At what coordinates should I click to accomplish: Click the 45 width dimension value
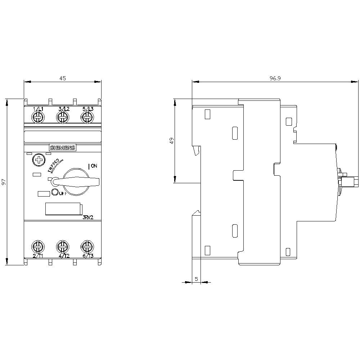pos(63,78)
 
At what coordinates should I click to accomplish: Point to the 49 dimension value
pos(172,141)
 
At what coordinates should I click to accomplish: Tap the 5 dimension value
pos(196,279)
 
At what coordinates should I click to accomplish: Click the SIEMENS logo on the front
pos(62,148)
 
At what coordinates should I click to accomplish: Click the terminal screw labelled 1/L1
pos(37,117)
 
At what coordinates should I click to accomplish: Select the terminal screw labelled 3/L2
pos(62,117)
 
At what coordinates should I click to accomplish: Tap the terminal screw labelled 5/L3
pos(86,117)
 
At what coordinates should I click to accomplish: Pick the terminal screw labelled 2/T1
pos(37,247)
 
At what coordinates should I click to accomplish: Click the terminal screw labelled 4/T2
pos(62,247)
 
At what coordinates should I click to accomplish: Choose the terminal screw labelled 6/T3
pos(86,247)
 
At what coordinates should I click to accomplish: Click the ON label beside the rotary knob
pos(94,166)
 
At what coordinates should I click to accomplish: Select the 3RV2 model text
pos(88,217)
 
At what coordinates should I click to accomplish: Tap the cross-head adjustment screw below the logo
pos(37,159)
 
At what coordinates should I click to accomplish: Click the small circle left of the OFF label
pos(55,192)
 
